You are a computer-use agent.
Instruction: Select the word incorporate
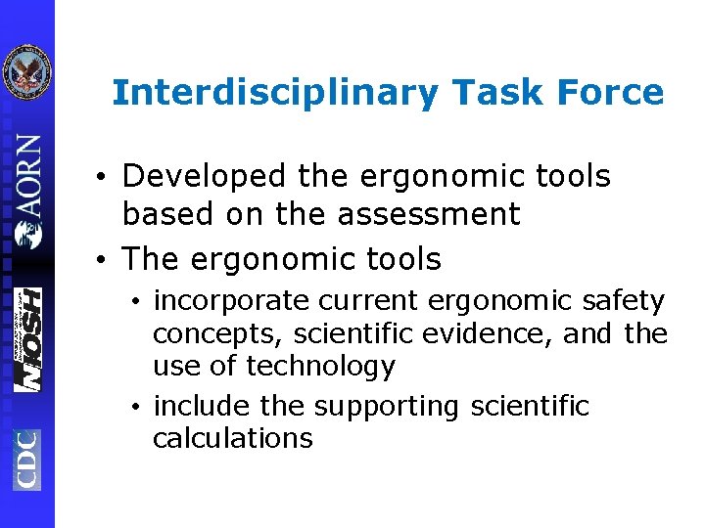click(224, 301)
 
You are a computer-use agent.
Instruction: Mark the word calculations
click(233, 438)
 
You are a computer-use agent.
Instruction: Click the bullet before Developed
click(103, 179)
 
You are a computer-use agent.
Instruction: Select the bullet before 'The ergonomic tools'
click(103, 261)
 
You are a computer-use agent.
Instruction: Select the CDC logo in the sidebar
click(26, 459)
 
